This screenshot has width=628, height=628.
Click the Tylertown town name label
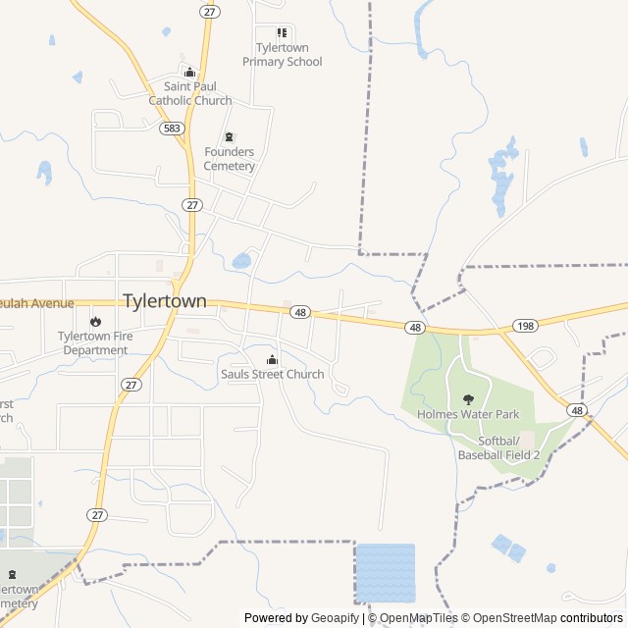tap(164, 301)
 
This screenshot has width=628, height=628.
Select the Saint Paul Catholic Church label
tap(190, 93)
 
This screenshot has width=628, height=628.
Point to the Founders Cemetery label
tap(230, 159)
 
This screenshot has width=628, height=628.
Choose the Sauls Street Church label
tap(272, 374)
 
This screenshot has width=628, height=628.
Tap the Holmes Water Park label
tap(468, 414)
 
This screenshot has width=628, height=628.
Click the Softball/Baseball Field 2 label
tap(498, 447)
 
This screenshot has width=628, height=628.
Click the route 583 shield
tap(173, 128)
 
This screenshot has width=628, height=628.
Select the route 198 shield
tap(525, 326)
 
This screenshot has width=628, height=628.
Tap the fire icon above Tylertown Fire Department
tap(95, 321)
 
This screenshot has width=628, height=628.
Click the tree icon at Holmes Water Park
tap(468, 399)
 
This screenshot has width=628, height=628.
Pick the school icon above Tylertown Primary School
tap(282, 32)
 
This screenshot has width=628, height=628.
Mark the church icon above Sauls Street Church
tap(272, 359)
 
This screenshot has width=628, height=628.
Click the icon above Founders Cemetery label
tap(230, 136)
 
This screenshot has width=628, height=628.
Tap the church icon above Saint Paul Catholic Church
tap(190, 72)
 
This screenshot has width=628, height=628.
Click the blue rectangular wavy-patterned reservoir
tap(385, 572)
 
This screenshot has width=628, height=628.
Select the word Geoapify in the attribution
tap(335, 618)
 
